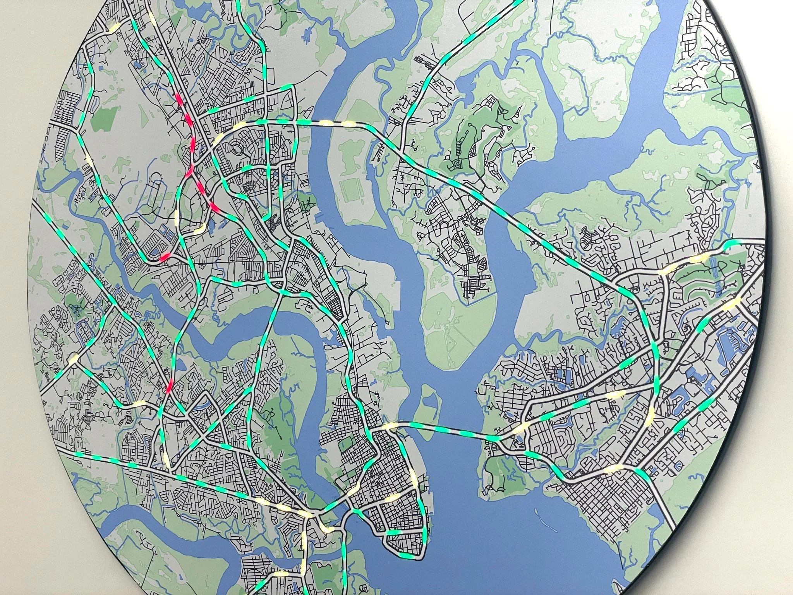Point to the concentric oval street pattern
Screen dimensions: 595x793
click(x=235, y=148)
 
